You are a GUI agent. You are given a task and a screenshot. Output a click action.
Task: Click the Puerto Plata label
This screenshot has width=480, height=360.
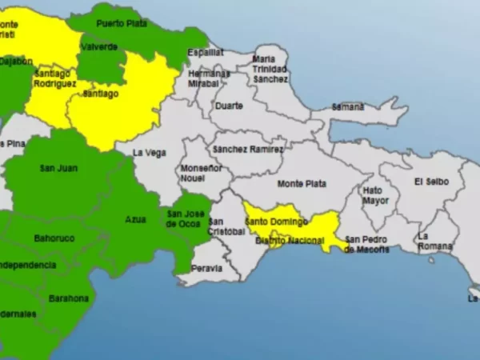pyautogui.click(x=122, y=23)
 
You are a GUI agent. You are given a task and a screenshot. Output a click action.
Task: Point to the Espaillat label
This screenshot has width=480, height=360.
pyautogui.click(x=206, y=52)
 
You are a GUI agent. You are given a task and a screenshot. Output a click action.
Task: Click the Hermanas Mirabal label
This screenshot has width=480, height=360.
pyautogui.click(x=208, y=78)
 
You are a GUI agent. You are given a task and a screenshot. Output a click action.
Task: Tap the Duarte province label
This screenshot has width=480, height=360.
pyautogui.click(x=228, y=106)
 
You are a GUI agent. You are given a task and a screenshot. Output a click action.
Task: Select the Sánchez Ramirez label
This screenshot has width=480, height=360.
pyautogui.click(x=247, y=149)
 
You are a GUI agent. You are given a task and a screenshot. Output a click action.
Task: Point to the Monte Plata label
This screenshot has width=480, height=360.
pyautogui.click(x=301, y=183)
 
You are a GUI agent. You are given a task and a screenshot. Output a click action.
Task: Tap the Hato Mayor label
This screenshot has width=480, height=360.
pyautogui.click(x=373, y=196)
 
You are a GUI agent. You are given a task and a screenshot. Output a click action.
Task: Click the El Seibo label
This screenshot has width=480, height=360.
pyautogui.click(x=431, y=182)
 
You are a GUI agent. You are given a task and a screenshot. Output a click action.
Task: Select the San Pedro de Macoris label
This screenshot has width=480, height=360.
pyautogui.click(x=366, y=243)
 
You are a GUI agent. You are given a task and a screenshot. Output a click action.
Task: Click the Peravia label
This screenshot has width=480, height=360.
pyautogui.click(x=206, y=268)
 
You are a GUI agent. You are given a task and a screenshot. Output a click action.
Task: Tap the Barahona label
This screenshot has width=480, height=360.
pyautogui.click(x=69, y=298)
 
